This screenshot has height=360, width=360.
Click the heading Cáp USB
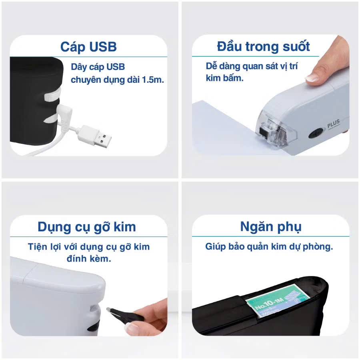pos(88,46)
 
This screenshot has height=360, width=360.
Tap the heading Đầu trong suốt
pos(263,46)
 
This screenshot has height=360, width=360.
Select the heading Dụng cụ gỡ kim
pos(87,227)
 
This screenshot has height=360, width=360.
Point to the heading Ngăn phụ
pos(271,227)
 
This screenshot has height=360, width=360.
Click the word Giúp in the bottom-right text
pos(215,247)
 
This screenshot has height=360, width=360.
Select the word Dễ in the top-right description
pos(212,66)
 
